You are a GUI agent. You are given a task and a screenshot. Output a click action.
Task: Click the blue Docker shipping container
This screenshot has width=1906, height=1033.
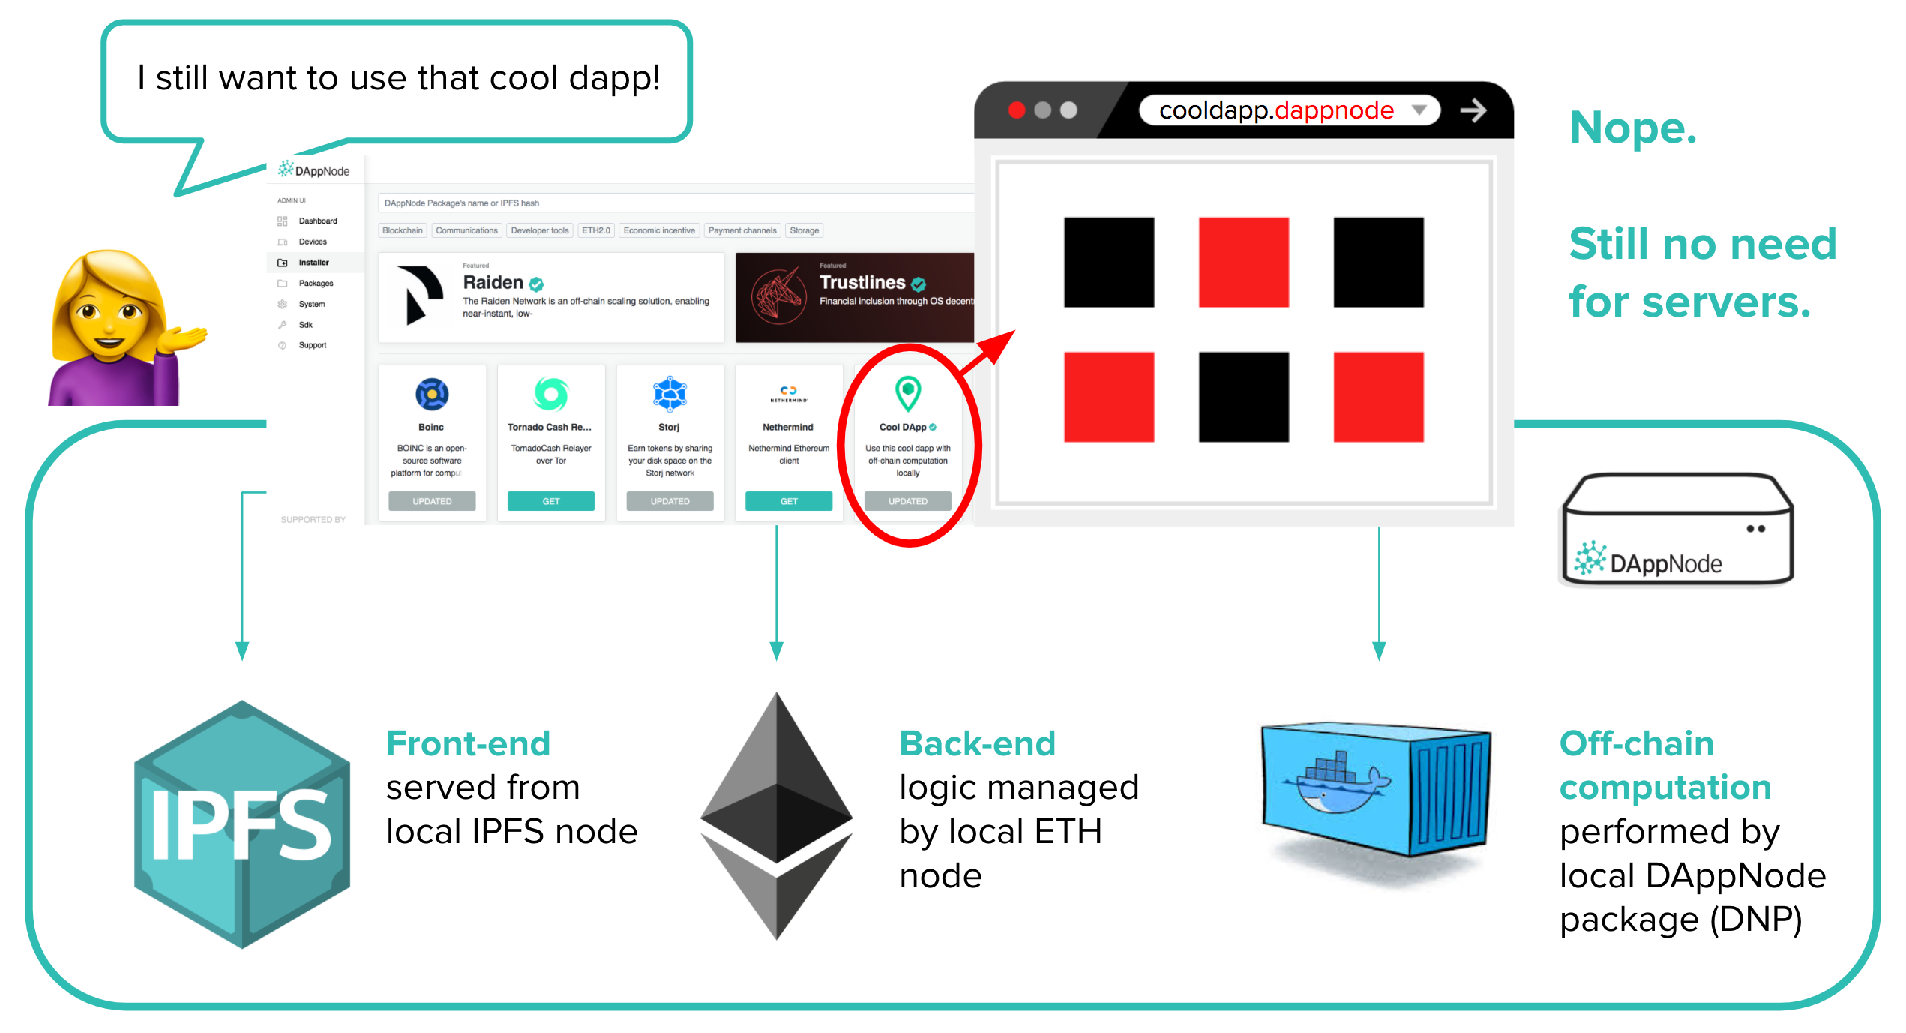coord(1375,791)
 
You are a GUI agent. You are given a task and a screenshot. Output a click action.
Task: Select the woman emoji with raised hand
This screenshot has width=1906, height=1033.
coord(120,330)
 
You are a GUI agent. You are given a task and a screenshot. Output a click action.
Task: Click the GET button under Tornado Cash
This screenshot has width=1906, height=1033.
coord(550,501)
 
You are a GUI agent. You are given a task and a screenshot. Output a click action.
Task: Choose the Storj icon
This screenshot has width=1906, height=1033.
coord(670,394)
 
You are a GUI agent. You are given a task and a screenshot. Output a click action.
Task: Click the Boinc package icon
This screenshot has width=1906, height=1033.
coord(432,394)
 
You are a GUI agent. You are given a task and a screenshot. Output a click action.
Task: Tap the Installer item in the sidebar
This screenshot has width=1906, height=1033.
coord(313,263)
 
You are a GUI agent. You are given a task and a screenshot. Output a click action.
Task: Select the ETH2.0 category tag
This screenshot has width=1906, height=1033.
coord(596,230)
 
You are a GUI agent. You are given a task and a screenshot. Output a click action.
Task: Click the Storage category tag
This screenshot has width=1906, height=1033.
coord(804,230)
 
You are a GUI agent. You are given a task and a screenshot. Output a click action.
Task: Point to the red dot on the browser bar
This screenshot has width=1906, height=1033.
coord(1017,110)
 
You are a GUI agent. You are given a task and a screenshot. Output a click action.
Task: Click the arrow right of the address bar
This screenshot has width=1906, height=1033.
coord(1473,110)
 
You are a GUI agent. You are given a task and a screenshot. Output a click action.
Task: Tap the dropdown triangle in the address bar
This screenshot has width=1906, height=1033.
coord(1419,110)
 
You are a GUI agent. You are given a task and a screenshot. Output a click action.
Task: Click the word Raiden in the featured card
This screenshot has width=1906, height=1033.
coord(493,282)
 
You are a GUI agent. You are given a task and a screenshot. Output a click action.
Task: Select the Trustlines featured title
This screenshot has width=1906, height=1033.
coord(862,282)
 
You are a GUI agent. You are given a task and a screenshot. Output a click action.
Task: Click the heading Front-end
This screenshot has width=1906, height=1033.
coord(468,744)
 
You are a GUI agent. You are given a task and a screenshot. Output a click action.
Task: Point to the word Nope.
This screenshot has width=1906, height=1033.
coord(1632,128)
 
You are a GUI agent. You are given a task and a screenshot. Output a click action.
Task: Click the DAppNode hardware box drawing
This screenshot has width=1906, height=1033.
coord(1677,529)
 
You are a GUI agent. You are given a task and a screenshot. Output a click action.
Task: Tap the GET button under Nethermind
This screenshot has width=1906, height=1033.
coord(788,501)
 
